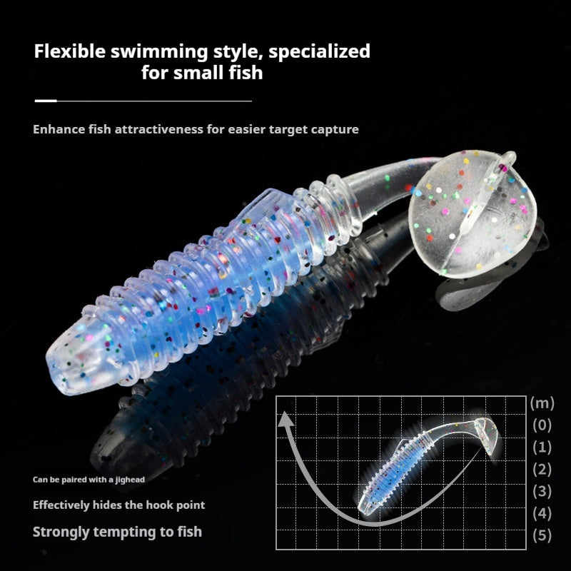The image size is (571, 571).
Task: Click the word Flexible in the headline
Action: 69,51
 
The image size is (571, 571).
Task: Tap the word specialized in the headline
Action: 319,52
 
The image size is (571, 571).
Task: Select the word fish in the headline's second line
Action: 246,72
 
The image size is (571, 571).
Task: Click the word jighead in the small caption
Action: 130,480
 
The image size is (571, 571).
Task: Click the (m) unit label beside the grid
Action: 542,403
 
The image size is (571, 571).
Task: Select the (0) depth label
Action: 542,425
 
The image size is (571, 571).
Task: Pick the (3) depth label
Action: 542,491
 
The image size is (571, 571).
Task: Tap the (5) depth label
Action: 542,535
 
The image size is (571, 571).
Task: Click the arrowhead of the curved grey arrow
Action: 286,419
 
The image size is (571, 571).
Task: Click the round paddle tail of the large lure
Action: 473,214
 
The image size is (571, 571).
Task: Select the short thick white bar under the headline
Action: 46,101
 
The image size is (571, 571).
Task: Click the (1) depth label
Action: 542,448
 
